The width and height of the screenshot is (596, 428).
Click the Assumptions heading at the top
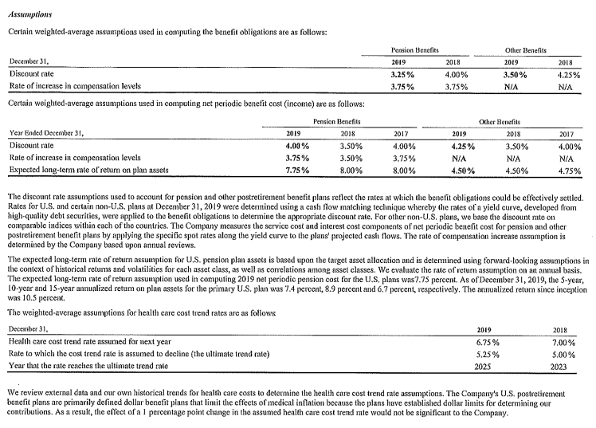click(29, 14)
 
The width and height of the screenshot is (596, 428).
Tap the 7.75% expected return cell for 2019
click(297, 171)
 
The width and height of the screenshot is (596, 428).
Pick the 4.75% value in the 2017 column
click(569, 171)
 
